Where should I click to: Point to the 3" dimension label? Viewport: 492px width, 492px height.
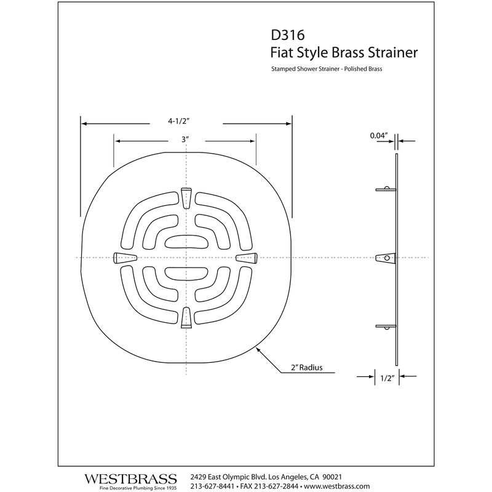click(x=184, y=140)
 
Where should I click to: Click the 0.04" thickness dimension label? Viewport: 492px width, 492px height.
click(x=378, y=135)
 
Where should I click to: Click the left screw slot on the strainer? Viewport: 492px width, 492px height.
click(x=124, y=257)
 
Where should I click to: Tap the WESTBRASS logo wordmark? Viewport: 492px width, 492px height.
click(x=130, y=477)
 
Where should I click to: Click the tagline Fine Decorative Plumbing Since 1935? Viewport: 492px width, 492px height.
click(x=130, y=488)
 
